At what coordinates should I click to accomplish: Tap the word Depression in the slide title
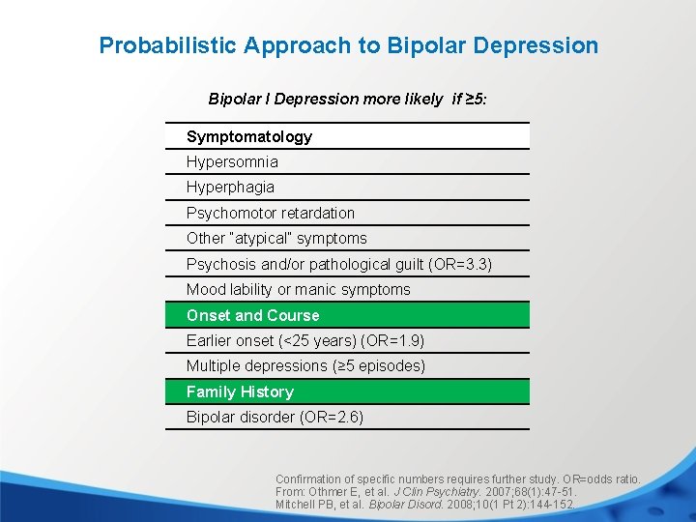tap(543, 45)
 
